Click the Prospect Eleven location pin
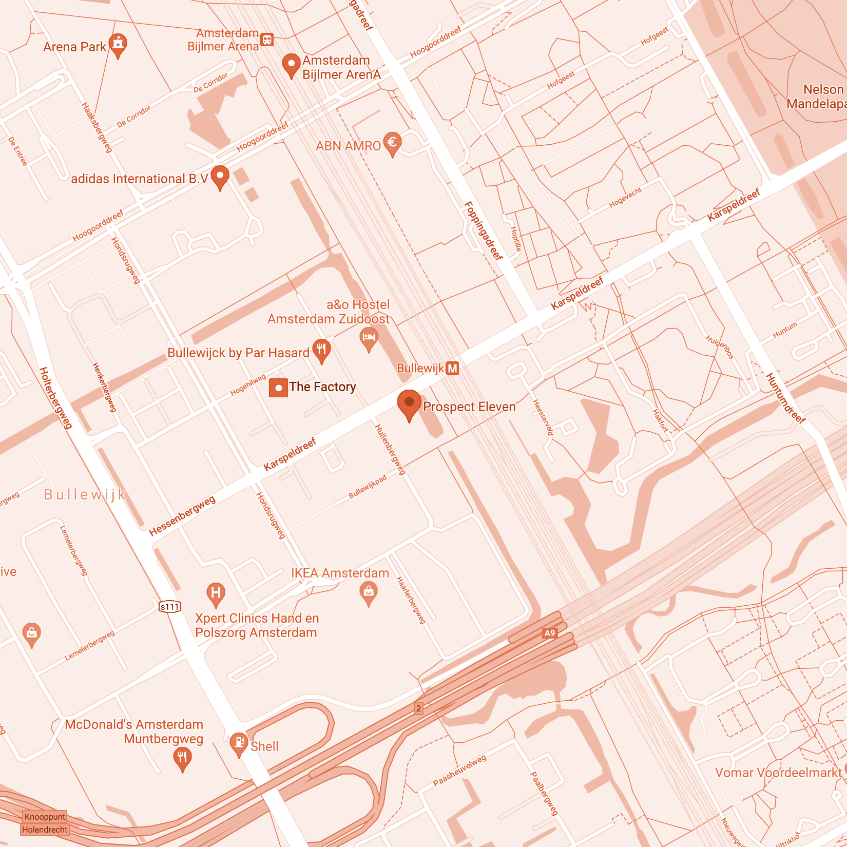click(409, 403)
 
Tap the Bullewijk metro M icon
click(452, 369)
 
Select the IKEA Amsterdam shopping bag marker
click(369, 592)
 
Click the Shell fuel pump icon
click(239, 742)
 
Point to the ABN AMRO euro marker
click(392, 142)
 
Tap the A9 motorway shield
click(550, 633)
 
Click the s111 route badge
click(169, 607)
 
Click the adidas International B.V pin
click(220, 176)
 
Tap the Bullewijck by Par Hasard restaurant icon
click(321, 350)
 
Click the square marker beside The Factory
click(278, 388)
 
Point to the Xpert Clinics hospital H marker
click(216, 593)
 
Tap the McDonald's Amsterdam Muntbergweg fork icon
click(182, 757)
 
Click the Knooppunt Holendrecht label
click(45, 823)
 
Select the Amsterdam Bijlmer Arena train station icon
click(267, 40)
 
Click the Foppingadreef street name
click(483, 230)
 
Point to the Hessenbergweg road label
click(182, 515)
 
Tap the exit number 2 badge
click(418, 708)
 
